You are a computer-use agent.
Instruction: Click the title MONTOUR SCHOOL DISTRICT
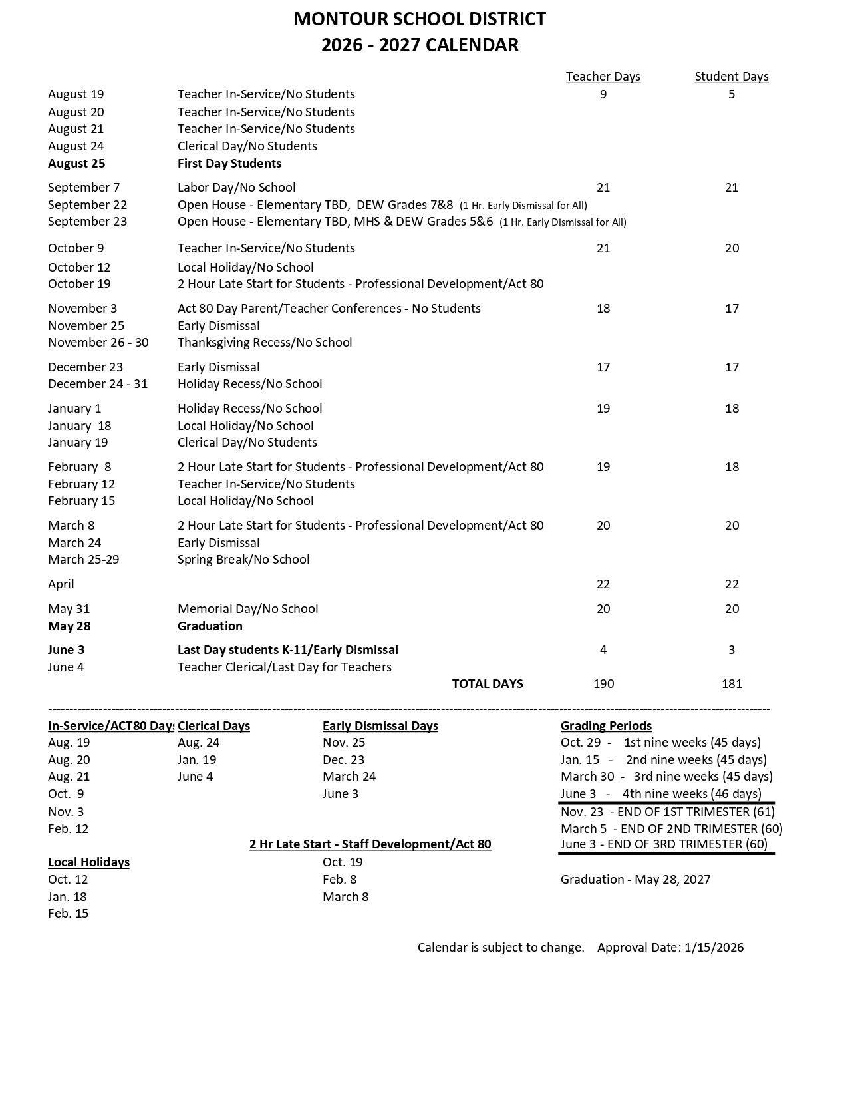coord(420,19)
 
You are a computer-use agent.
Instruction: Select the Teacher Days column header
coord(603,77)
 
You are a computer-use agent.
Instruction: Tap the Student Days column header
coord(732,77)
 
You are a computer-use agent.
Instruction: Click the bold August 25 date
coord(76,164)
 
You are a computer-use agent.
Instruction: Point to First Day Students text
coord(229,164)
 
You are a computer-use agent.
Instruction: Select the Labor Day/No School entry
coord(236,188)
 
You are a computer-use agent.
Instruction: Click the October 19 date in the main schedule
coord(79,284)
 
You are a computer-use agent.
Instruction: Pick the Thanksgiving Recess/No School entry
coord(265,343)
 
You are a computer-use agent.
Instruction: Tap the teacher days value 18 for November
coord(603,309)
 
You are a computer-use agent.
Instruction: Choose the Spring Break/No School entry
coord(243,560)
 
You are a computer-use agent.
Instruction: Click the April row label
coord(61,584)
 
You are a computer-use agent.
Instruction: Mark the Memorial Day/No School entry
coord(247,609)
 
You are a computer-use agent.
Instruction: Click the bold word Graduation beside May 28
coord(210,626)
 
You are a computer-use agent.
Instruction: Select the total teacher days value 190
coord(603,684)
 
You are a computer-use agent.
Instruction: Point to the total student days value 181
coord(732,684)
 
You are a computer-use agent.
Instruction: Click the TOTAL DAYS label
coord(488,684)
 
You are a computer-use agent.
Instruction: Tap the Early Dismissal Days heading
coord(380,726)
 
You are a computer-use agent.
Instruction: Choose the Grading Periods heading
coord(606,726)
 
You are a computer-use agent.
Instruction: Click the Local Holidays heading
coord(88,862)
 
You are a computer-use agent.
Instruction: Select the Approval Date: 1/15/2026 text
coord(670,948)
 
